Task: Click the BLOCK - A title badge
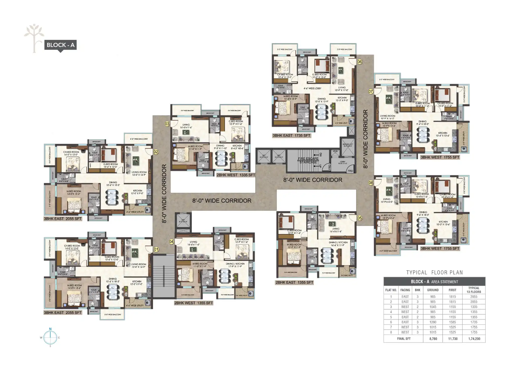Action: click(x=60, y=45)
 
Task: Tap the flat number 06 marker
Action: click(x=359, y=62)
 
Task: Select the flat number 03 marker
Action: click(x=167, y=124)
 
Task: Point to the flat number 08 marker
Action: click(x=371, y=183)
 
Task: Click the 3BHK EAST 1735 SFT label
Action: click(x=292, y=136)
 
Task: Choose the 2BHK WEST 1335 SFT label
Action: click(x=236, y=175)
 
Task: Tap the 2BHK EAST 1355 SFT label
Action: click(x=294, y=282)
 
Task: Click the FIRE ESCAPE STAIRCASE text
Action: click(x=308, y=160)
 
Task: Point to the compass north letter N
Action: click(x=50, y=329)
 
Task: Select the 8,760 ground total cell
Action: click(x=433, y=339)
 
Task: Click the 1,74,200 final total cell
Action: click(x=474, y=339)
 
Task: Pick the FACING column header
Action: click(x=405, y=290)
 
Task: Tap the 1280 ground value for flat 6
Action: click(x=433, y=322)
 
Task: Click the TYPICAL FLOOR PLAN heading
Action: click(x=434, y=272)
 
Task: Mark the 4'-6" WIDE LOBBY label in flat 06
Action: click(x=312, y=88)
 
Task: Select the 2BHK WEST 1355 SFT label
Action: click(x=194, y=303)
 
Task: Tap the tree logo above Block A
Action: click(x=34, y=38)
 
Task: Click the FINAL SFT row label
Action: click(x=404, y=339)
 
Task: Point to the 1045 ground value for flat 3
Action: click(x=433, y=307)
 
